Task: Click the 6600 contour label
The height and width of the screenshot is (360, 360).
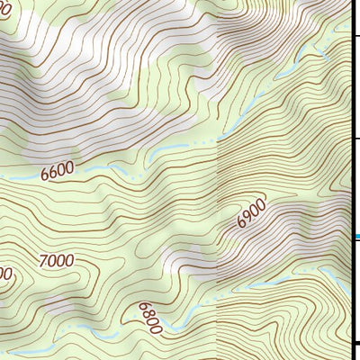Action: click(58, 169)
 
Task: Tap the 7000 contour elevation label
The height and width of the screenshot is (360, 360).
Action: click(56, 261)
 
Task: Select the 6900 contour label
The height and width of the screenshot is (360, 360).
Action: click(252, 214)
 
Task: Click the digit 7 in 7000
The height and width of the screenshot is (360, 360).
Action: click(44, 262)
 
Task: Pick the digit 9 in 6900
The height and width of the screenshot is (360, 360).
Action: click(248, 217)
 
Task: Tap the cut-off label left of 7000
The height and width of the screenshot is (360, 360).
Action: click(4, 273)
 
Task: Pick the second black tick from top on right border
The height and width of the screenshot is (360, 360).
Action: click(356, 137)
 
